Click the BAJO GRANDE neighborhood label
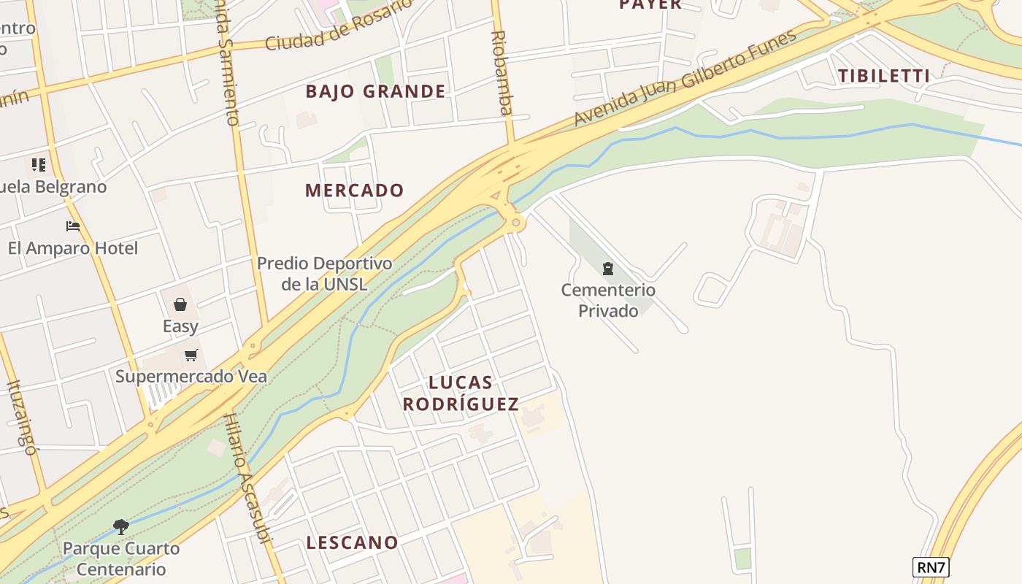pyautogui.click(x=375, y=91)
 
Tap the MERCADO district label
pyautogui.click(x=354, y=191)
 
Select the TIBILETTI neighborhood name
pyautogui.click(x=884, y=75)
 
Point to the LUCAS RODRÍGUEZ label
pyautogui.click(x=461, y=393)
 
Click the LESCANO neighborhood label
pyautogui.click(x=352, y=542)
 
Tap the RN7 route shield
pyautogui.click(x=931, y=567)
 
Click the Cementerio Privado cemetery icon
pyautogui.click(x=608, y=269)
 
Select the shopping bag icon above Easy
pyautogui.click(x=180, y=304)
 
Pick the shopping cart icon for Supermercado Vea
pyautogui.click(x=191, y=356)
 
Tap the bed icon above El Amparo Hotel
pyautogui.click(x=72, y=226)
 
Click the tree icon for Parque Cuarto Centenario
pyautogui.click(x=121, y=526)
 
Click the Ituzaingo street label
pyautogui.click(x=21, y=418)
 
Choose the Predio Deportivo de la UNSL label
pyautogui.click(x=324, y=273)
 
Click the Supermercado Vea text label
pyautogui.click(x=191, y=377)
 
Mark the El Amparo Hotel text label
pyautogui.click(x=72, y=248)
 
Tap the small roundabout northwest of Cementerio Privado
pyautogui.click(x=516, y=223)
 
